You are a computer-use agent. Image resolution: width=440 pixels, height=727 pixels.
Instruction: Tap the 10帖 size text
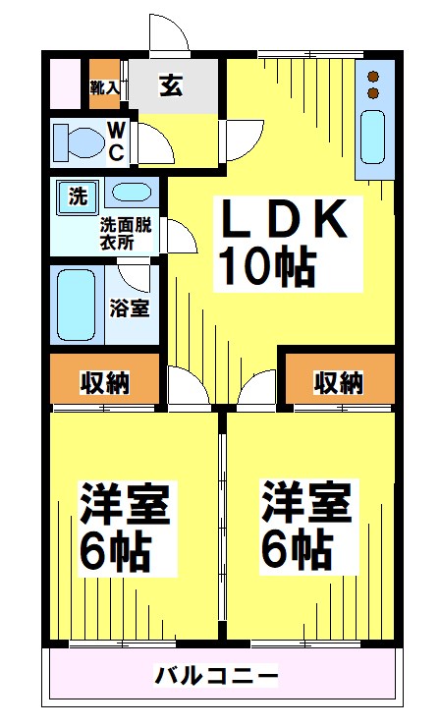(266, 265)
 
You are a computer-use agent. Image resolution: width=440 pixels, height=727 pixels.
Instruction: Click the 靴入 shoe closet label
(104, 87)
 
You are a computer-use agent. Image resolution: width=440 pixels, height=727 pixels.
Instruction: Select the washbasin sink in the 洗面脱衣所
(129, 193)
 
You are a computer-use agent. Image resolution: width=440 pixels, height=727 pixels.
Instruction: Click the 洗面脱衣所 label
(125, 233)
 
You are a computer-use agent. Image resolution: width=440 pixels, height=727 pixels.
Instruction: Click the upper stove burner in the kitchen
(373, 75)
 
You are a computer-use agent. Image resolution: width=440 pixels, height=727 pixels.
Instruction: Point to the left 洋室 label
(125, 507)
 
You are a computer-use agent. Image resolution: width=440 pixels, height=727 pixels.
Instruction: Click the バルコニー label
(217, 677)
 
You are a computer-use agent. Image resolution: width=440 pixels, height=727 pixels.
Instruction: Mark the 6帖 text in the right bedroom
(295, 550)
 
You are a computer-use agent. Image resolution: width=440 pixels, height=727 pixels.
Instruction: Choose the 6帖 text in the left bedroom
(115, 552)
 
